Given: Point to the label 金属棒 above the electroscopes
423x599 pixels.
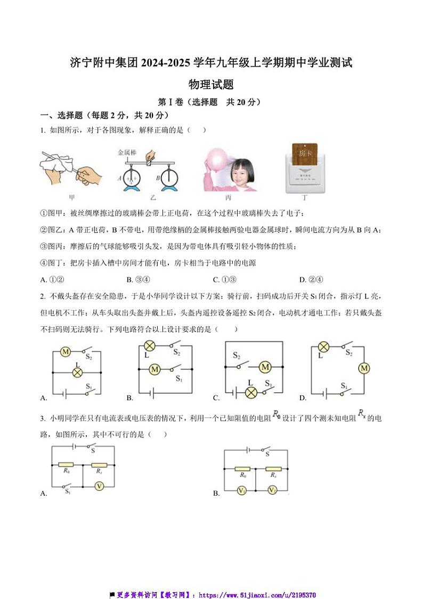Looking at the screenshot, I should (128, 152).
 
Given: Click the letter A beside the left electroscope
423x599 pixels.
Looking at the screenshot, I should (120, 178).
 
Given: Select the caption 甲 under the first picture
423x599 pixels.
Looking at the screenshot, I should (72, 198).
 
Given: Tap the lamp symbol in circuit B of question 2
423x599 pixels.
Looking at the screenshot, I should (149, 346).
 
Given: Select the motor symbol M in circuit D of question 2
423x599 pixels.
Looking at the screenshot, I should (364, 368).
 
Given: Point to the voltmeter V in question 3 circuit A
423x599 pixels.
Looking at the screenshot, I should (98, 485).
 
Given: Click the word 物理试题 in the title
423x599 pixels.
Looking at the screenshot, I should (211, 84).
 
